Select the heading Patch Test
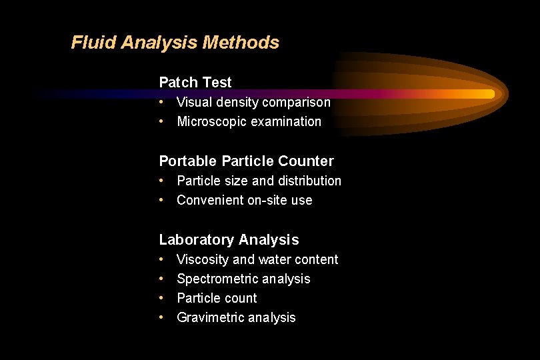(x=195, y=83)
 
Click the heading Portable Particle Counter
(x=246, y=161)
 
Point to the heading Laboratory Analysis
(x=229, y=240)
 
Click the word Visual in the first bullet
(x=193, y=103)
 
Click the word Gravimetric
(x=209, y=318)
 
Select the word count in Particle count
(x=241, y=299)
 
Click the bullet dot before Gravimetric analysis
(x=162, y=317)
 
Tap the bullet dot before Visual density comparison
(x=162, y=102)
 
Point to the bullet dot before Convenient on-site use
(x=162, y=200)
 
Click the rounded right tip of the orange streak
(x=492, y=94)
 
